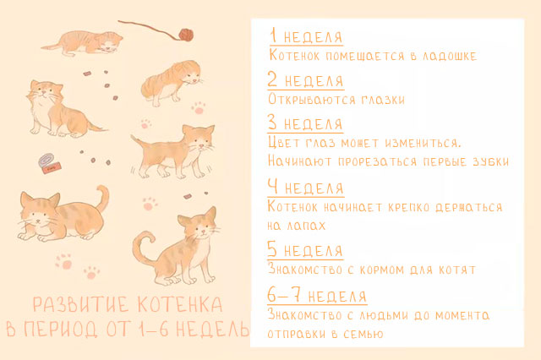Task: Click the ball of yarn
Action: [186, 35]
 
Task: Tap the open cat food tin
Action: [50, 163]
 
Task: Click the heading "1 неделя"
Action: [306, 35]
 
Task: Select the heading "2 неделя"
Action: [305, 79]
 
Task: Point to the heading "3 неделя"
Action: [305, 123]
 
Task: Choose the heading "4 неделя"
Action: [306, 188]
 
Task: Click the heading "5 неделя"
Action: [305, 249]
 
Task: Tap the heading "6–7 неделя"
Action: [317, 296]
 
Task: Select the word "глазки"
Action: [383, 100]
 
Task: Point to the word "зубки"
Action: [490, 161]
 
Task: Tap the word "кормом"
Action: [381, 270]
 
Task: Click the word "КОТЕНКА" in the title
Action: [180, 304]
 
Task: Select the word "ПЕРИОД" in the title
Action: [61, 328]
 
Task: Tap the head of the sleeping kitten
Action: [110, 43]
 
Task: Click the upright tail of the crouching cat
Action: [103, 198]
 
